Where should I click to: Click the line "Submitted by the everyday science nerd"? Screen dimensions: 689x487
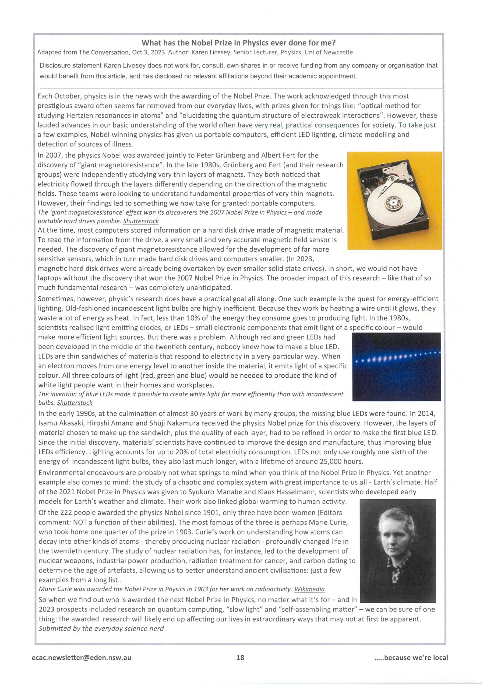coord(101,628)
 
